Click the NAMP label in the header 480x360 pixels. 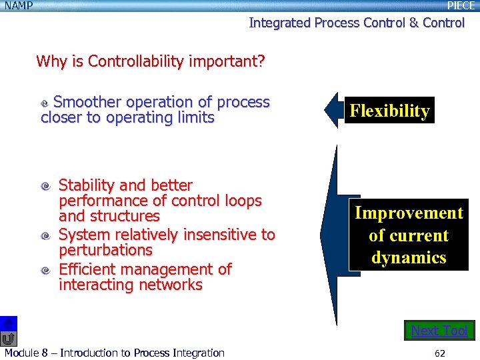19,6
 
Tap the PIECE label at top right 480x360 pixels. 461,6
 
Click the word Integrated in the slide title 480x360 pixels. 279,23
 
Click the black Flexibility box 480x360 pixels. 389,111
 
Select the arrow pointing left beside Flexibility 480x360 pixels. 333,111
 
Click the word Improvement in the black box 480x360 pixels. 409,213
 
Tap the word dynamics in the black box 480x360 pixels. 409,257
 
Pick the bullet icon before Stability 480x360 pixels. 45,187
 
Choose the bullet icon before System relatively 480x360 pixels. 45,236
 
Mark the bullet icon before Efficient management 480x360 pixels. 45,271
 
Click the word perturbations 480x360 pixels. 105,251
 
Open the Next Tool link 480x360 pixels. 439,331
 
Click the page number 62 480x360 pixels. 439,353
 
